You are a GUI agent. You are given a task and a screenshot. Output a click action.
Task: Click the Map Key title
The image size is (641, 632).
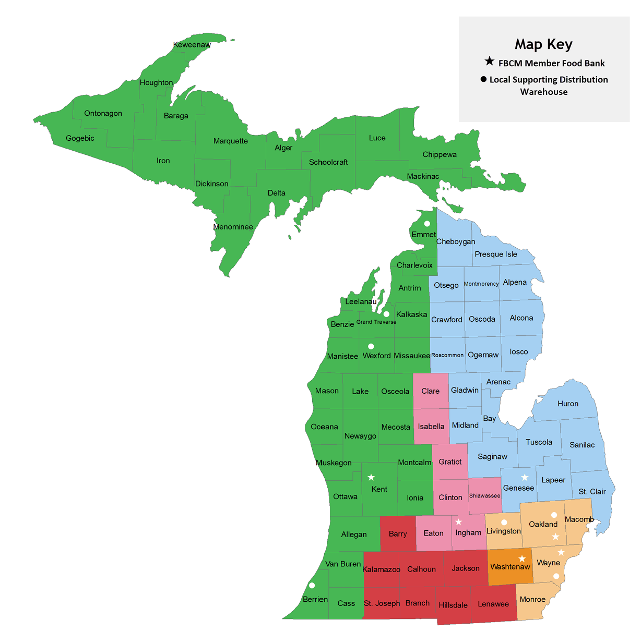[x=543, y=44]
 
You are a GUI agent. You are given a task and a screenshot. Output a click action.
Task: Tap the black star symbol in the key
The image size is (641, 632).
[x=489, y=62]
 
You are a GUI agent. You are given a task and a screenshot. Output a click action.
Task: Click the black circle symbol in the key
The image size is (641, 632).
[x=483, y=79]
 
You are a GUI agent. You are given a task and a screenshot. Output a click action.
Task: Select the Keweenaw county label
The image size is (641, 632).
[x=192, y=45]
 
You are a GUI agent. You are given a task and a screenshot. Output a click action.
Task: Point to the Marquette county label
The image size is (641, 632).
[x=230, y=141]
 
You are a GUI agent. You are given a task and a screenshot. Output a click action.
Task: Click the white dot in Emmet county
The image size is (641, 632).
[x=427, y=224]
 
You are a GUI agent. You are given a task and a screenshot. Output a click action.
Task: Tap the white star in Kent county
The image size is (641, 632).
[x=371, y=477]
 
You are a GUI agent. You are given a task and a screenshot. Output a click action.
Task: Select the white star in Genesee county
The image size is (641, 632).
[x=525, y=477]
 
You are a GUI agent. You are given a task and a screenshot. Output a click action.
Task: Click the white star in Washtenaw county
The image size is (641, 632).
[x=521, y=558]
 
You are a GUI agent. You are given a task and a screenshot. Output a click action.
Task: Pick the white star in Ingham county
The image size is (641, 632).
[x=458, y=522]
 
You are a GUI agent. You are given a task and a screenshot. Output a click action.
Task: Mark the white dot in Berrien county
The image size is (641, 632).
[x=312, y=585]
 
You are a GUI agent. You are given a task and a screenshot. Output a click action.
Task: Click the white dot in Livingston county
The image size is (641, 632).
[x=504, y=522]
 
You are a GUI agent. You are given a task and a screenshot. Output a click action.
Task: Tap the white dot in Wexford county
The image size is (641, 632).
[x=371, y=346]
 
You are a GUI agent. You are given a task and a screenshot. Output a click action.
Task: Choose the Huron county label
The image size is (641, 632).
[x=567, y=404]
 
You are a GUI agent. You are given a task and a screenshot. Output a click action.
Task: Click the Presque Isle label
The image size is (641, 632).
[x=496, y=254]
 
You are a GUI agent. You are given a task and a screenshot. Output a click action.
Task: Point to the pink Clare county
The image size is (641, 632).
[x=431, y=391]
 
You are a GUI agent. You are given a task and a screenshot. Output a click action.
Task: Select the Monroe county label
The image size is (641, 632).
[x=532, y=599]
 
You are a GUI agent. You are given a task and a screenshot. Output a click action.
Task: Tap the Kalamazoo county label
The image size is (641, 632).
[x=381, y=569]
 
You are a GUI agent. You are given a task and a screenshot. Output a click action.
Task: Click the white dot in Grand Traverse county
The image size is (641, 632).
[x=386, y=314]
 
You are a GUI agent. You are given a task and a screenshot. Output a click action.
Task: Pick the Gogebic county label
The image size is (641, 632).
[x=80, y=138]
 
